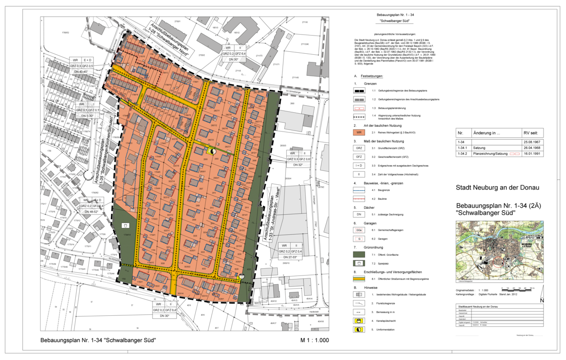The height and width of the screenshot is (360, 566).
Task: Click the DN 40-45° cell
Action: [x=81, y=72]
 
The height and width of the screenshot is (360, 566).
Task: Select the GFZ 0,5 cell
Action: [x=87, y=65]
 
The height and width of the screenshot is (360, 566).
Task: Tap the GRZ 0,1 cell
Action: [x=82, y=110]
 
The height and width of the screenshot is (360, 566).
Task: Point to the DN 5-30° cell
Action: [x=88, y=116]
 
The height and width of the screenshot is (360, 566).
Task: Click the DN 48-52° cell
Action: [x=91, y=212]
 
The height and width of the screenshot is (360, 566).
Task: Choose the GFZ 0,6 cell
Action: [x=305, y=159]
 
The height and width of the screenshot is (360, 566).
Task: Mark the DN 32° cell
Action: [x=298, y=165]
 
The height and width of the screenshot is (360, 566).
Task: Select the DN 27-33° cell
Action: [x=291, y=257]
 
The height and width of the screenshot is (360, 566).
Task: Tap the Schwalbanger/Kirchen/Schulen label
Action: [x=105, y=149]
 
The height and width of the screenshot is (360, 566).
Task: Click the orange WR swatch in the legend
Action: [x=359, y=132]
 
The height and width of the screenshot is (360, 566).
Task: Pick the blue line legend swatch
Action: [x=359, y=191]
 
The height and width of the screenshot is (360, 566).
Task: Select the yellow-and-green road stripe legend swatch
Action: [x=359, y=278]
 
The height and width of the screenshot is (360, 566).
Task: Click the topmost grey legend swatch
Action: [x=359, y=99]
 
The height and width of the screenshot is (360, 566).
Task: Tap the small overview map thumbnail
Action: [x=499, y=250]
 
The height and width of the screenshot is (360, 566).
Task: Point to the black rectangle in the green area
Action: [x=126, y=225]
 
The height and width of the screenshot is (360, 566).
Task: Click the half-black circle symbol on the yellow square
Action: [x=214, y=151]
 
